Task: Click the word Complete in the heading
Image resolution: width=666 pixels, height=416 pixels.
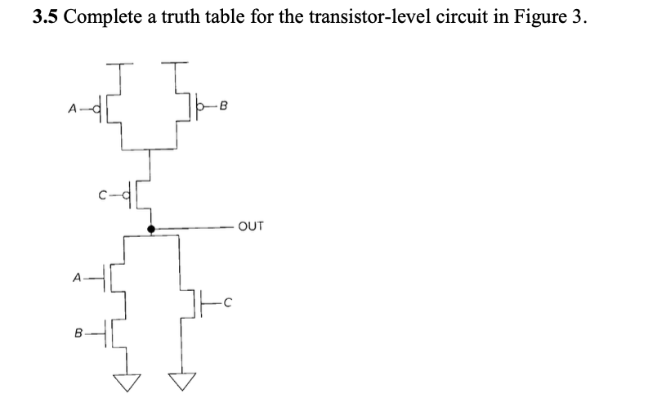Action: click(102, 18)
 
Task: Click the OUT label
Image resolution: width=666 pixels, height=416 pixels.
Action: click(251, 226)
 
